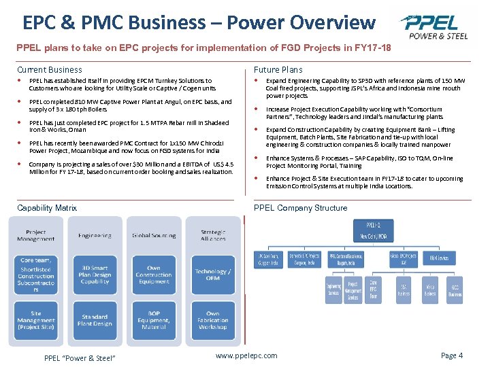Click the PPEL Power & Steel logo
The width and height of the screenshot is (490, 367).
click(435, 27)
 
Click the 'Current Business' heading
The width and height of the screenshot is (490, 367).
click(49, 70)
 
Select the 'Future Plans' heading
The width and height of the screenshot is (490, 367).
click(278, 70)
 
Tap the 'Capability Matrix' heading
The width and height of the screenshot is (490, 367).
click(46, 208)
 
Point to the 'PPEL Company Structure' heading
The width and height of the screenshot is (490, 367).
click(300, 208)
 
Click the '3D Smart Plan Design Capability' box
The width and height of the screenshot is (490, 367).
click(95, 274)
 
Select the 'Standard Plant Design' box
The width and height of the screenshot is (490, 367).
click(95, 320)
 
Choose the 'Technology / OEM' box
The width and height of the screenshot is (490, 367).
click(212, 274)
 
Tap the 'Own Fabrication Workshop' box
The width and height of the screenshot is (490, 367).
click(212, 320)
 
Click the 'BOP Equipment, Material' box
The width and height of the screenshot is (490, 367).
click(154, 320)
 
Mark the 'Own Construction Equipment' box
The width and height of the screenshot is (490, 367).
click(154, 274)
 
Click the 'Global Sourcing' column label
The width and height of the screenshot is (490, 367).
click(154, 236)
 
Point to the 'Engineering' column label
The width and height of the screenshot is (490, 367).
click(95, 236)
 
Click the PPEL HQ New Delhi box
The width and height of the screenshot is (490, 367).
click(374, 229)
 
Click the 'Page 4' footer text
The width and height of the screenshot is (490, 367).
click(452, 355)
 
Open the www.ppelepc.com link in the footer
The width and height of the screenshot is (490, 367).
click(246, 355)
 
